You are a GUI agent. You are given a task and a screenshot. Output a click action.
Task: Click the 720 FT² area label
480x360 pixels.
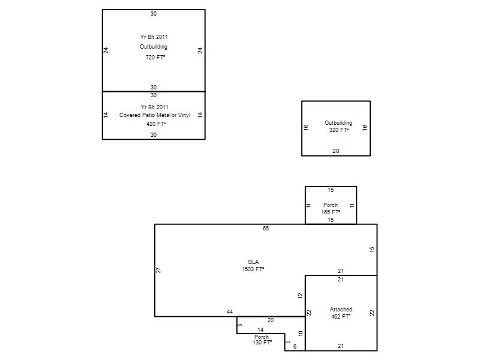click(x=155, y=57)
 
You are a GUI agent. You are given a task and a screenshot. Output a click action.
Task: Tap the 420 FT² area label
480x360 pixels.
click(x=156, y=124)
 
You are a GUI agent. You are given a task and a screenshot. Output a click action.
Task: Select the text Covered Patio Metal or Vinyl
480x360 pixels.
click(x=155, y=115)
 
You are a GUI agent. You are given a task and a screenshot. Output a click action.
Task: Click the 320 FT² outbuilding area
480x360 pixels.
click(x=339, y=130)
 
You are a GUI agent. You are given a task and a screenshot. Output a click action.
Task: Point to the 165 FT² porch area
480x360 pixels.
click(x=331, y=212)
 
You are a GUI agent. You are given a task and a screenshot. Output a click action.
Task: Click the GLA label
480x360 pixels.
click(x=253, y=262)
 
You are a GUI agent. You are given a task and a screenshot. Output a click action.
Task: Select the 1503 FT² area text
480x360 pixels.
click(x=253, y=269)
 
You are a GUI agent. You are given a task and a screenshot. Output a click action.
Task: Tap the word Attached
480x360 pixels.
click(x=341, y=310)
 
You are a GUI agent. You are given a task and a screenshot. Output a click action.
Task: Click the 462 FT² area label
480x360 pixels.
click(x=341, y=317)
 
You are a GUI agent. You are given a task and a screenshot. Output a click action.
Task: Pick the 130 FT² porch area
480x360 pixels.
click(x=262, y=343)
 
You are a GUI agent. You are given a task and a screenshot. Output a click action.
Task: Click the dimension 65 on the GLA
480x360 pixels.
click(x=266, y=229)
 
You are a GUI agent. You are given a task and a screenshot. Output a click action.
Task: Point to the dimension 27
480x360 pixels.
click(x=158, y=271)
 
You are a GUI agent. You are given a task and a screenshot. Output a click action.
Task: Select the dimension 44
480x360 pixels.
click(x=230, y=312)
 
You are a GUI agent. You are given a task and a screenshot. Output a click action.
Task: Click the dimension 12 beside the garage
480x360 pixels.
click(x=300, y=296)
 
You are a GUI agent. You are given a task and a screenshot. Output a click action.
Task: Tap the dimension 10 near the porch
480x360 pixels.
click(x=301, y=334)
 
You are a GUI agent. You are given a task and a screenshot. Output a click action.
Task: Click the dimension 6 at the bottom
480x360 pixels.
click(x=295, y=347)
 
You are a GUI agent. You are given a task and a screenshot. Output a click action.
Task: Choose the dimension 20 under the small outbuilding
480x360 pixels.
click(x=336, y=151)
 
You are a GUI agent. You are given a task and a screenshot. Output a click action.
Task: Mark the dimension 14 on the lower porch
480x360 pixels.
click(x=260, y=329)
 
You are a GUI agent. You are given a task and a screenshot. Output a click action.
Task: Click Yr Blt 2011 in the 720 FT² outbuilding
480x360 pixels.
click(x=154, y=37)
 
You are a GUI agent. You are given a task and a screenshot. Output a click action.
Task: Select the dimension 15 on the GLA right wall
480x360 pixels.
click(x=372, y=250)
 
